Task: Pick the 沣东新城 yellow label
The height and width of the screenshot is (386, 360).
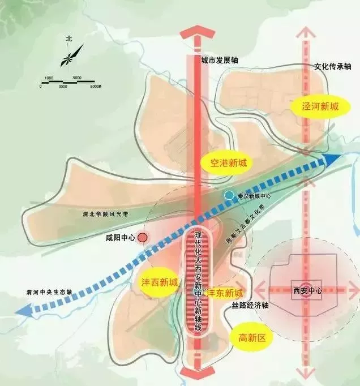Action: tap(224, 293)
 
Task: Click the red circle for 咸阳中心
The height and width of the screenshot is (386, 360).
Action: tap(143, 238)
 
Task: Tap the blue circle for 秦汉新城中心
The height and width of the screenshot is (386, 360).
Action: tap(228, 195)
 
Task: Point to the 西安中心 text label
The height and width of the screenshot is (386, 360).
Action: tap(307, 290)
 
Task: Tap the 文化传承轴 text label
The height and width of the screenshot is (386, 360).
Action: tap(328, 66)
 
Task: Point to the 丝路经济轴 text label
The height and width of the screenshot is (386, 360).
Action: tap(250, 305)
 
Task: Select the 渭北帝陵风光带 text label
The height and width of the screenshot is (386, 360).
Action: tap(105, 215)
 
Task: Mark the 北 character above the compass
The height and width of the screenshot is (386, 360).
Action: tap(68, 38)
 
